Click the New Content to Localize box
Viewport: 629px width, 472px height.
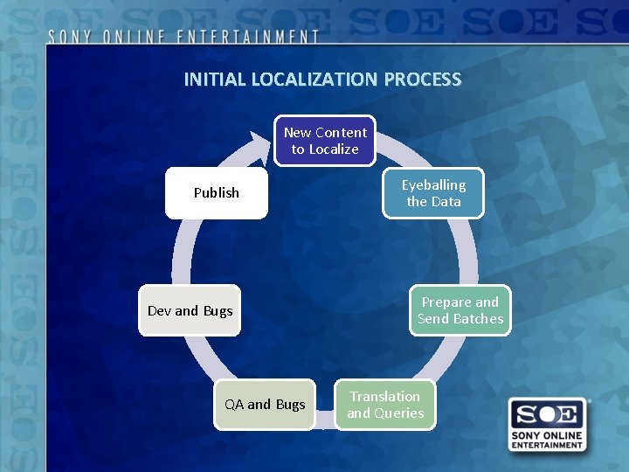point(325,141)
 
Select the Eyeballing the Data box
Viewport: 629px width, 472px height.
point(433,193)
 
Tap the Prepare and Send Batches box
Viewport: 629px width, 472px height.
point(460,310)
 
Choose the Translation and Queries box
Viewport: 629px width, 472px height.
point(385,405)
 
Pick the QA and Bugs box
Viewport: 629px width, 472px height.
point(265,404)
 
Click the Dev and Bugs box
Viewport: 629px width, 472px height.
point(190,310)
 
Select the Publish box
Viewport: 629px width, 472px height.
point(216,192)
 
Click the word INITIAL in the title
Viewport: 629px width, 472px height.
point(215,80)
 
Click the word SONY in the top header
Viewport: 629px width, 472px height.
point(71,37)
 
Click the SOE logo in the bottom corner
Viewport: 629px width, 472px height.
point(548,425)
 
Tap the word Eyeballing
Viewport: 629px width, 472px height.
point(433,184)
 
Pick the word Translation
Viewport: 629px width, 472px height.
point(385,396)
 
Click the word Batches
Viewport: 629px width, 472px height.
point(479,319)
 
